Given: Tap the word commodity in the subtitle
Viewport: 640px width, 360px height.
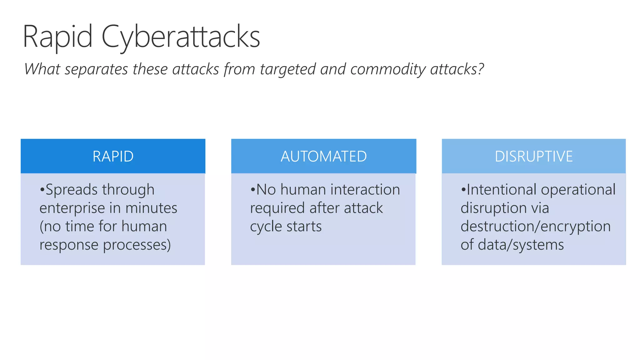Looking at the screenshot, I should pos(387,69).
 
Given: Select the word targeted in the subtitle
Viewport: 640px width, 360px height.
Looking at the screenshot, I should pos(287,69).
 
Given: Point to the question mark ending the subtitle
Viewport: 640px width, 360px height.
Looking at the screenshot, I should pos(481,69).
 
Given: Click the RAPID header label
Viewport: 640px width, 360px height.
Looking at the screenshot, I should pos(113,157).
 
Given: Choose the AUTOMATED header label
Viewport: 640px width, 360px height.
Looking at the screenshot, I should pos(323,157).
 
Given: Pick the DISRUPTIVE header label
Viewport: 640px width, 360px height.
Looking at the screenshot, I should pos(534,157).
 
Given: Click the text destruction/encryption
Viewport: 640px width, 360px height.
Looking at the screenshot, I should pos(535,227).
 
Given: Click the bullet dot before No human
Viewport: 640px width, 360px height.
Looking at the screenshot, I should pos(253,190).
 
